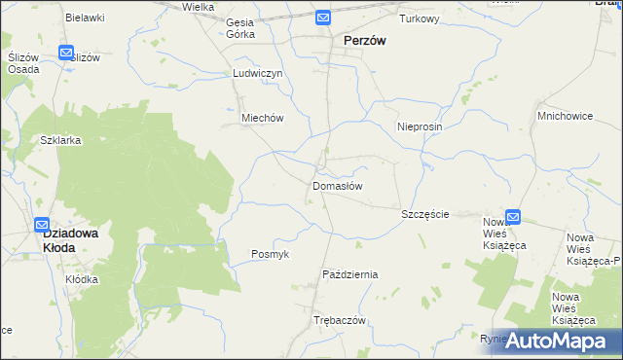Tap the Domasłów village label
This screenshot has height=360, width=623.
click(x=338, y=185)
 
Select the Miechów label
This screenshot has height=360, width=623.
click(x=262, y=118)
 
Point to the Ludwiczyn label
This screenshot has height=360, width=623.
click(x=257, y=73)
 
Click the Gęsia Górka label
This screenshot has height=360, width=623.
click(x=239, y=28)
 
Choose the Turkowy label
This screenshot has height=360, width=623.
click(x=420, y=18)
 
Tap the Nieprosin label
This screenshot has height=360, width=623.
click(x=421, y=127)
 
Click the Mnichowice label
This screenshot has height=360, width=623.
click(x=565, y=116)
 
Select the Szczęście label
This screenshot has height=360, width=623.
click(x=425, y=213)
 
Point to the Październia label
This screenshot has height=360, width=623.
click(x=349, y=274)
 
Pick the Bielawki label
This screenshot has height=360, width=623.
click(x=85, y=18)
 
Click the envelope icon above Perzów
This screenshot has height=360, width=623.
click(x=323, y=18)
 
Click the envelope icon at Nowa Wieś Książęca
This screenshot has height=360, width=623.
click(x=513, y=218)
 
